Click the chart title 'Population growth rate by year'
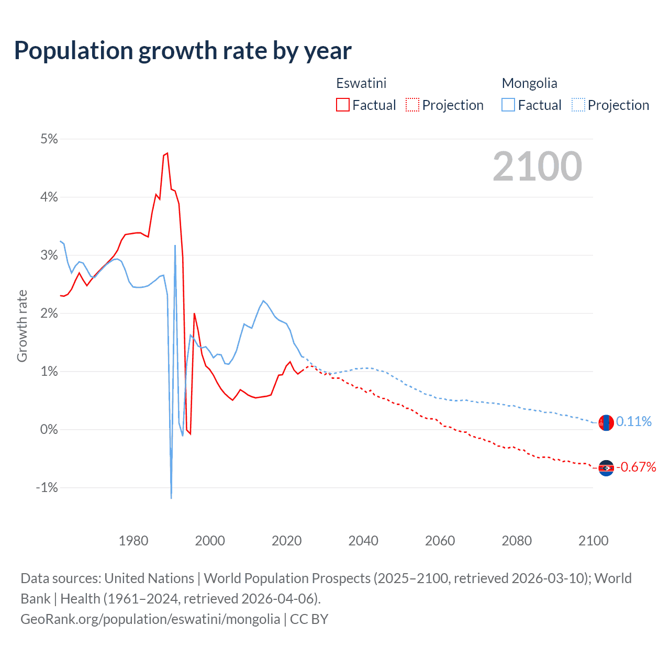click(183, 50)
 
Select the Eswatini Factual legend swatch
click(342, 105)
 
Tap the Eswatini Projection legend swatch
click(412, 105)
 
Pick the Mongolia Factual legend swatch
click(508, 105)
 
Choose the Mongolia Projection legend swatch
click(578, 105)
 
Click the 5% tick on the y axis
click(49, 139)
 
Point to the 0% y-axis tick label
click(49, 429)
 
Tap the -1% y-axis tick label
click(47, 487)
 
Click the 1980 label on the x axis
click(133, 541)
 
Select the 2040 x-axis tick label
click(363, 541)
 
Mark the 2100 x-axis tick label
click(593, 541)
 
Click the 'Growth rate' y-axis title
click(22, 326)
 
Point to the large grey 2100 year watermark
click(537, 166)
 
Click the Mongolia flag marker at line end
click(606, 422)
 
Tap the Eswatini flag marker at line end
click(606, 468)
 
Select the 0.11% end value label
click(634, 421)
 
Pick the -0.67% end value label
click(636, 467)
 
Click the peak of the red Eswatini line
click(167, 153)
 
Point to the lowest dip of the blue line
click(171, 498)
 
